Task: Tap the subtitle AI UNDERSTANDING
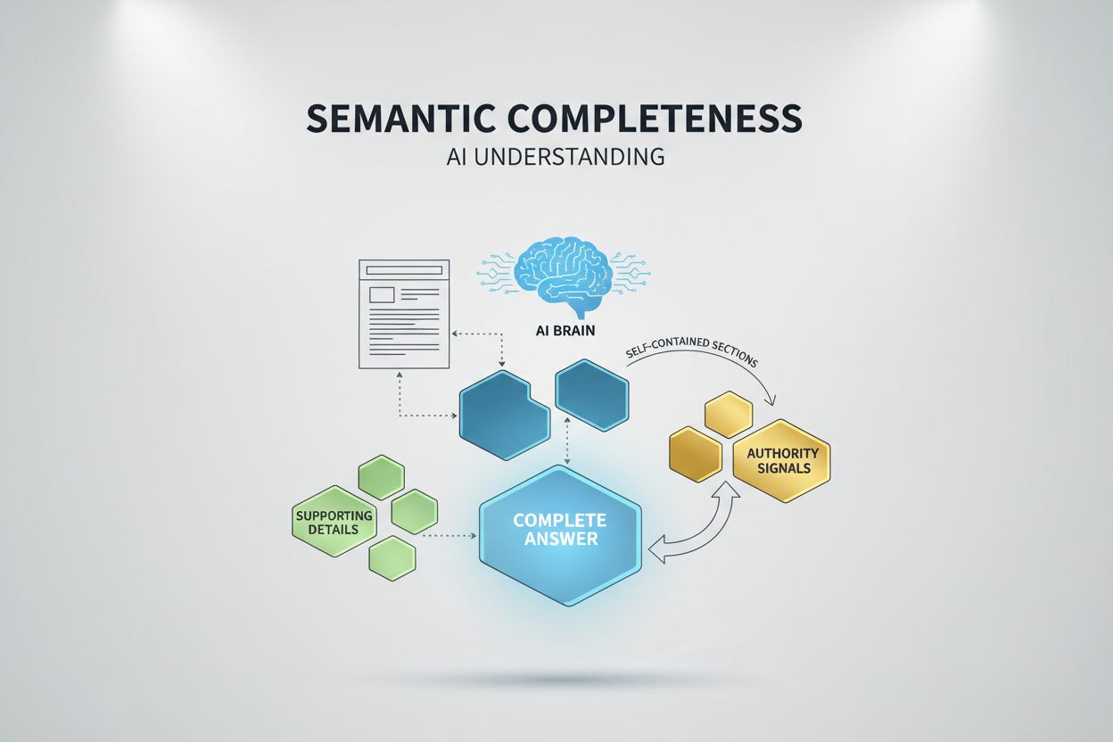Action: pos(556,157)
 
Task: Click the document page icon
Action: pos(403,314)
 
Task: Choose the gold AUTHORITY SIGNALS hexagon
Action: pos(781,460)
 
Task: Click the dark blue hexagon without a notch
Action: pos(591,395)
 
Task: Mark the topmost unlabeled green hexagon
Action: pos(381,476)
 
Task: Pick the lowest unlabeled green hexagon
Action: pos(392,557)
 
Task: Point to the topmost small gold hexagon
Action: pos(729,415)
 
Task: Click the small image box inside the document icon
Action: pos(382,293)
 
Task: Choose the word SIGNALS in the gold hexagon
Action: pos(781,469)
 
